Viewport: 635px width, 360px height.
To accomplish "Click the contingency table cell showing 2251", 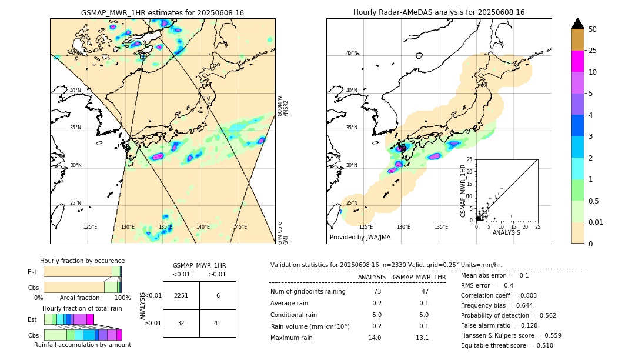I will (181, 295).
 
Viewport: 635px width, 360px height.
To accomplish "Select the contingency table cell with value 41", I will (218, 323).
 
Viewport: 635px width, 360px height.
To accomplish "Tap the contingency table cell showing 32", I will (181, 323).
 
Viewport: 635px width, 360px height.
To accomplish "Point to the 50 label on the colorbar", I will (593, 29).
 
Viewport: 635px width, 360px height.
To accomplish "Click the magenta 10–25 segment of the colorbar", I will (578, 61).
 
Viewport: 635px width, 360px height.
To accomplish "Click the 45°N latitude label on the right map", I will (352, 53).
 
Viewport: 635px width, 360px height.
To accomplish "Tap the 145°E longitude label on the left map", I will (240, 227).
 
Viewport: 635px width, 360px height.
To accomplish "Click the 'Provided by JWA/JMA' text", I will (360, 237).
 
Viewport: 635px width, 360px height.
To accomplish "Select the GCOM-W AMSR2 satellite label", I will (283, 106).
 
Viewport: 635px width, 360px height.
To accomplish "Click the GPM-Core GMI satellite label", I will (283, 233).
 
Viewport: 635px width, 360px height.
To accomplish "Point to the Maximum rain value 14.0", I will (375, 338).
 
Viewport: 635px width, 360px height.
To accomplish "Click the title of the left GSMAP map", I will (162, 12).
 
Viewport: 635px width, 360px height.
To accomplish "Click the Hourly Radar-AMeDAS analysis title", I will (439, 12).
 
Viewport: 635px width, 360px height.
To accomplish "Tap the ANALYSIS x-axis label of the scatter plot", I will (506, 232).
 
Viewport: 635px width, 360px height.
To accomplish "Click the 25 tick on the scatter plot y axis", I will (470, 159).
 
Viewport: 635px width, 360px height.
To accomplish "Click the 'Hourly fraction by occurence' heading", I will (82, 261).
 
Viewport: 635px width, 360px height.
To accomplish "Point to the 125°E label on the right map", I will (366, 227).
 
